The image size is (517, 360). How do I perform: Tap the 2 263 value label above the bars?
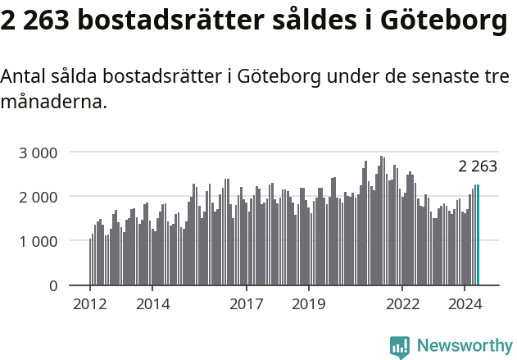[x=478, y=166]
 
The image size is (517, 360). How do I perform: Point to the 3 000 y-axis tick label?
[x=39, y=153]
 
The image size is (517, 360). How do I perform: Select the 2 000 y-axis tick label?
[x=39, y=197]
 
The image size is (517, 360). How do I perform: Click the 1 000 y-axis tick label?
[x=39, y=241]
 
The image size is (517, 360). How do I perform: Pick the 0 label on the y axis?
[x=53, y=285]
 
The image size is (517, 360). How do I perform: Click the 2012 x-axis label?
[x=90, y=304]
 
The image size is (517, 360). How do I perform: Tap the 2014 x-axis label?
[x=152, y=304]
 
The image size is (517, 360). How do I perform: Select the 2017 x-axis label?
[x=246, y=304]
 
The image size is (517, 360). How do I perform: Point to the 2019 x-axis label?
[x=309, y=304]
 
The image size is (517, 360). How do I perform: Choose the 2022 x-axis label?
[x=402, y=304]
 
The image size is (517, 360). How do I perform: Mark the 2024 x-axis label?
[x=465, y=304]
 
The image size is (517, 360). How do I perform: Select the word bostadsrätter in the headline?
[x=168, y=22]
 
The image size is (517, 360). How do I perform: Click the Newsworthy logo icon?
[x=400, y=347]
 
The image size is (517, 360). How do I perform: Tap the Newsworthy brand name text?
[x=464, y=346]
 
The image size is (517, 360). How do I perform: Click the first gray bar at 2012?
[x=90, y=262]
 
